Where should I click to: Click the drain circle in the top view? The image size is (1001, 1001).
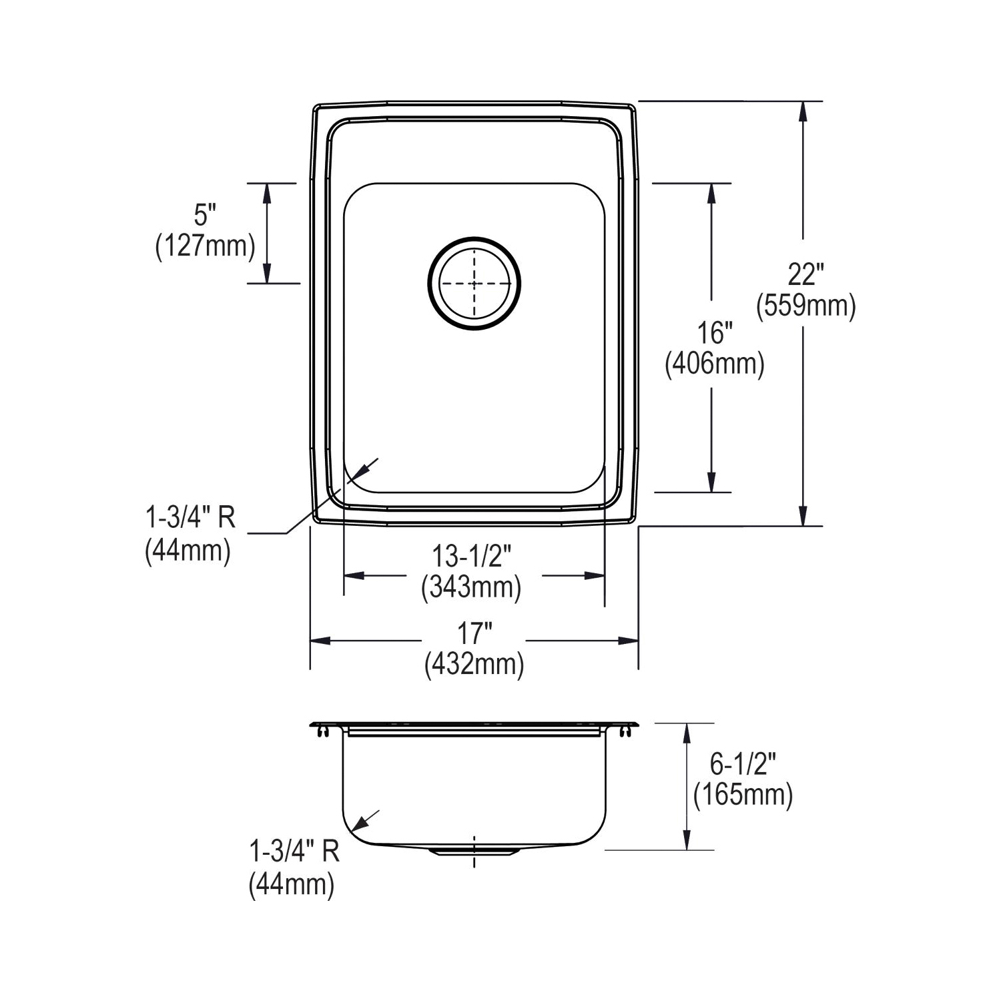[x=428, y=284]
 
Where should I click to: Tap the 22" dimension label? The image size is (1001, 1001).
[x=806, y=275]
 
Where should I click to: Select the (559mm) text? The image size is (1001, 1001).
[x=806, y=306]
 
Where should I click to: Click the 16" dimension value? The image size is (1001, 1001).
[x=715, y=333]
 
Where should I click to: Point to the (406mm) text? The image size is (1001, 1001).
[x=715, y=364]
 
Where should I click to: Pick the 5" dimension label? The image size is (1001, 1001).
[x=206, y=215]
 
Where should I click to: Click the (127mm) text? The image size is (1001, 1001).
[x=206, y=246]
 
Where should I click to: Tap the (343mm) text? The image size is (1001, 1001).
[x=471, y=587]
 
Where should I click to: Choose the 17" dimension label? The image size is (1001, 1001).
[x=474, y=631]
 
